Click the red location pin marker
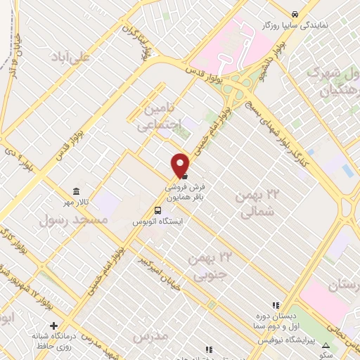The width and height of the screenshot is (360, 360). pos(181,165)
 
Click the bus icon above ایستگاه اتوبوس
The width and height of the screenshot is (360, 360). pos(158,210)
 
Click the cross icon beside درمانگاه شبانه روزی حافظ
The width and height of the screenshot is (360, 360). pos(53,325)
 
